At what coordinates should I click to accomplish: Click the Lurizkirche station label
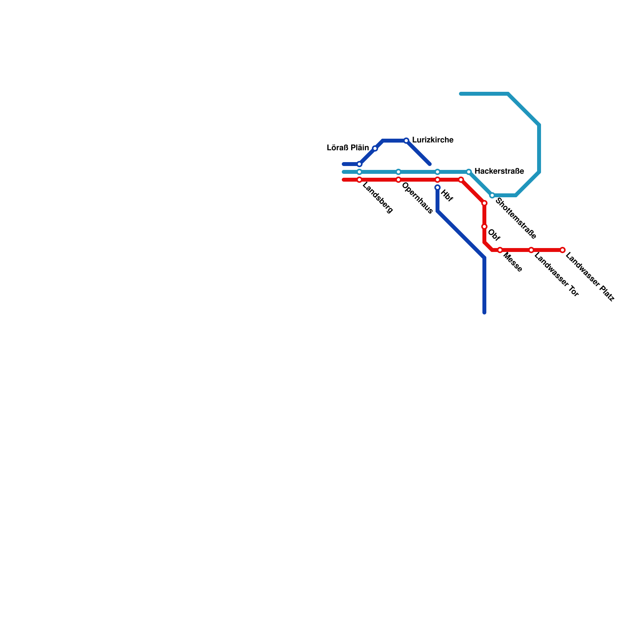point(432,140)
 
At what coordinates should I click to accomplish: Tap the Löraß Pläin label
point(348,148)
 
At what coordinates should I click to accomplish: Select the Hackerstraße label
point(499,171)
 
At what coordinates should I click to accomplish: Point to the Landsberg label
point(377,198)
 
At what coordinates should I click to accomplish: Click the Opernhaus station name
point(417,198)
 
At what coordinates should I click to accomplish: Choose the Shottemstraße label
point(516,218)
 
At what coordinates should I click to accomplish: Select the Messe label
point(512,262)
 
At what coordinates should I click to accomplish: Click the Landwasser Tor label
point(556,275)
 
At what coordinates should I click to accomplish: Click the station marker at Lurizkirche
point(406,141)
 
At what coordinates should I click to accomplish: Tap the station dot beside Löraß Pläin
point(375,148)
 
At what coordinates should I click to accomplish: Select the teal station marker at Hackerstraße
point(469,172)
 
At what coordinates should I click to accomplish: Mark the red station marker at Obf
point(484,227)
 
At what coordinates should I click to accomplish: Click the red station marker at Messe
point(500,250)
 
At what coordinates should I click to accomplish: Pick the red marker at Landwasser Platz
point(562,250)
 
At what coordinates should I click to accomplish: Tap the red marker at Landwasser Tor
point(531,250)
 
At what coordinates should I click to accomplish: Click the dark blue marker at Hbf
point(437,187)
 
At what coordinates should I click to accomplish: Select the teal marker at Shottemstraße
point(492,195)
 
